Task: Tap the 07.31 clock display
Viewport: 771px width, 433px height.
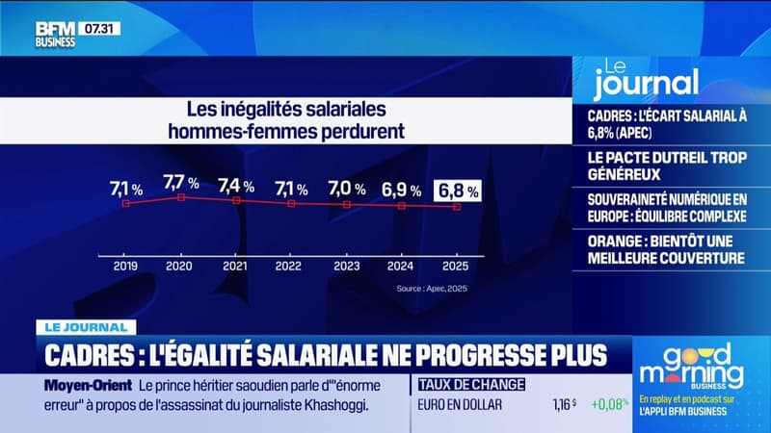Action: pyautogui.click(x=99, y=29)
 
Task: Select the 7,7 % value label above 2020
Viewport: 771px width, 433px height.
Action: pyautogui.click(x=181, y=182)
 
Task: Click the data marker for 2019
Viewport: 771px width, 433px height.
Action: pyautogui.click(x=126, y=203)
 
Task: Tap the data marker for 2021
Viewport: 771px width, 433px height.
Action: pyautogui.click(x=236, y=200)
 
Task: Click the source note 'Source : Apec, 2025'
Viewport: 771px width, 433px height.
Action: pyautogui.click(x=433, y=288)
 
